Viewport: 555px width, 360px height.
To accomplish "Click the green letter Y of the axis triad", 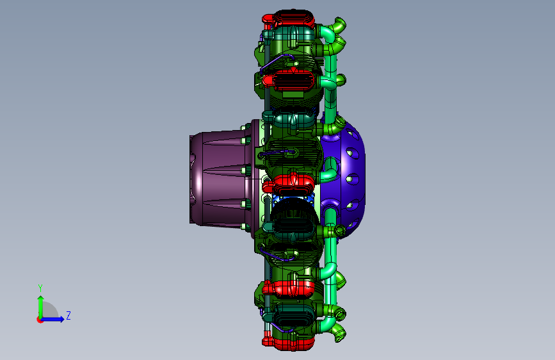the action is click(x=40, y=288).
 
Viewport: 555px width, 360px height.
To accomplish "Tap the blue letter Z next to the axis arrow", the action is click(x=68, y=315).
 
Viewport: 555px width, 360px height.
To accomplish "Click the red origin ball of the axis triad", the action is click(x=40, y=320).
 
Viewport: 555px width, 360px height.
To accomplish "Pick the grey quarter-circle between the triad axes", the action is click(x=49, y=310).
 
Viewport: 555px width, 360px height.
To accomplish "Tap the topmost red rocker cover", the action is click(x=289, y=19).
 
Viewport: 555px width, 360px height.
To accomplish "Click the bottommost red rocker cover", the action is click(x=289, y=343).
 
